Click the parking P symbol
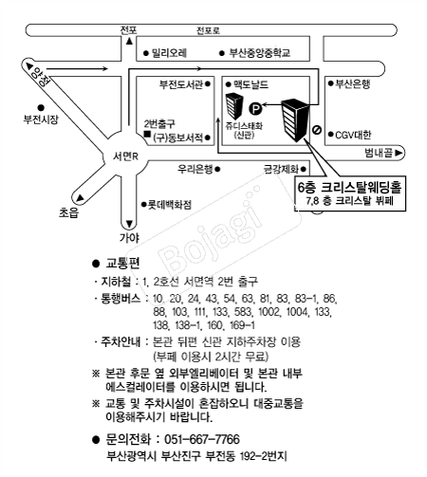pyautogui.click(x=255, y=109)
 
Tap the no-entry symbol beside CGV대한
pyautogui.click(x=317, y=130)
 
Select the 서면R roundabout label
pyautogui.click(x=125, y=156)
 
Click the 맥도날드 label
pyautogui.click(x=251, y=84)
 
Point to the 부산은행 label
pyautogui.click(x=352, y=83)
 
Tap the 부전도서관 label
pyautogui.click(x=181, y=84)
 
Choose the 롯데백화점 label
pyautogui.click(x=170, y=205)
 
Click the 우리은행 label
pyautogui.click(x=195, y=169)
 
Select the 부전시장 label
pyautogui.click(x=41, y=119)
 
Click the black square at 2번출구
pyautogui.click(x=147, y=134)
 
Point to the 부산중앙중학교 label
pyautogui.click(x=259, y=52)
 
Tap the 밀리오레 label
pyautogui.click(x=169, y=52)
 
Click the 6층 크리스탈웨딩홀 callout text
pyautogui.click(x=349, y=187)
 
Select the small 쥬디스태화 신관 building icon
pyautogui.click(x=234, y=106)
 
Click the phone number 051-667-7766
pyautogui.click(x=202, y=439)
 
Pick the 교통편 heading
pyautogui.click(x=122, y=263)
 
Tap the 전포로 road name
pyautogui.click(x=208, y=30)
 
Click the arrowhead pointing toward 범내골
pyautogui.click(x=399, y=153)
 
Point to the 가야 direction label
pyautogui.click(x=129, y=237)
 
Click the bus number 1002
pyautogui.click(x=269, y=312)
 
